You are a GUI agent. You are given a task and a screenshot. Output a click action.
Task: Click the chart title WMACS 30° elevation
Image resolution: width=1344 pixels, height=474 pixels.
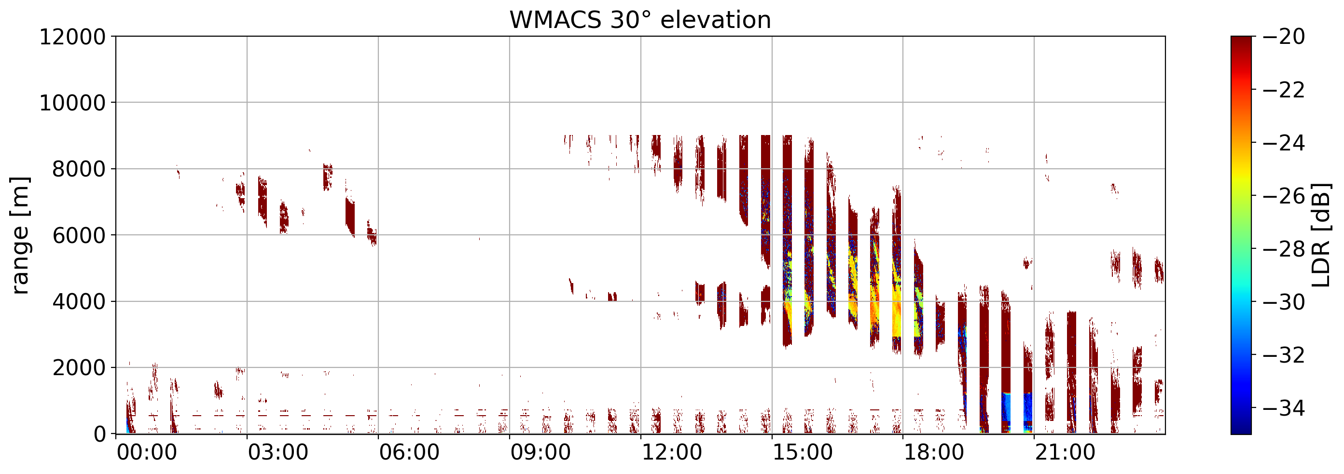640,20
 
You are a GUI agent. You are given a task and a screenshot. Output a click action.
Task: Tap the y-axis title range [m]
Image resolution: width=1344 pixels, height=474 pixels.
20,236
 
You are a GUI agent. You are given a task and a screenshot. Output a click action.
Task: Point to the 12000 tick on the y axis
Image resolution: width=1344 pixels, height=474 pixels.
72,37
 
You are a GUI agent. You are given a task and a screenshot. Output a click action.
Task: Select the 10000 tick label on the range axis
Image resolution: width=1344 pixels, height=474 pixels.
72,103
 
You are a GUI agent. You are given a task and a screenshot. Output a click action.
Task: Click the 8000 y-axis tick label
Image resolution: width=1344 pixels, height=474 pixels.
79,169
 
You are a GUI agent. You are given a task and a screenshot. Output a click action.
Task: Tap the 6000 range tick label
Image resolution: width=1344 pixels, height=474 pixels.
79,236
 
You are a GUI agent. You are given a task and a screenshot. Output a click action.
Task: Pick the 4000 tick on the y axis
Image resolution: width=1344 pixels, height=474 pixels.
79,302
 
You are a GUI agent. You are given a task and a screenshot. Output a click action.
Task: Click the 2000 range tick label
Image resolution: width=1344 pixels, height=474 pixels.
79,368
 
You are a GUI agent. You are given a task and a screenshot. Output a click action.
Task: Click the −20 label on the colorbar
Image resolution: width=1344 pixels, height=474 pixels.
1284,37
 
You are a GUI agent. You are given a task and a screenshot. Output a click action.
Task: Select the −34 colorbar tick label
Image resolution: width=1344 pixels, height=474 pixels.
1284,408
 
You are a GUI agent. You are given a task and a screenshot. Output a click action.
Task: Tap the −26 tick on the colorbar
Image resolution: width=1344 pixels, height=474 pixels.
1284,196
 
